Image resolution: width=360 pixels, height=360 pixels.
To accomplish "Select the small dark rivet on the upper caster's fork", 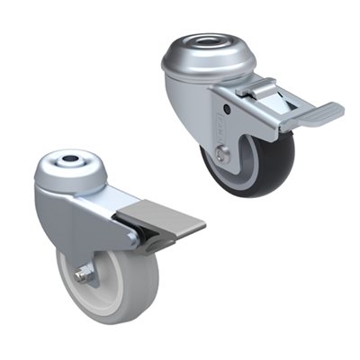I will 227,110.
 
